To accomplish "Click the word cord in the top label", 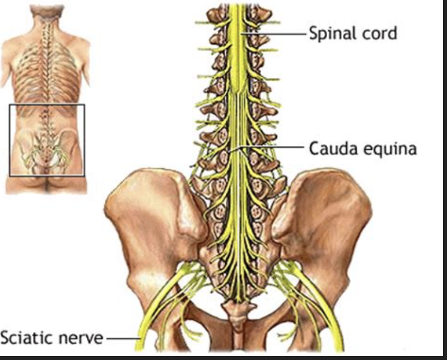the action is pyautogui.click(x=379, y=33).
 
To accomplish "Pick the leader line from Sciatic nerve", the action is pyautogui.click(x=122, y=338).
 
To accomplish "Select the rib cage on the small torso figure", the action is pyautogui.click(x=46, y=73).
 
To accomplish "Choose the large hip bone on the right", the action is pyautogui.click(x=330, y=219).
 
